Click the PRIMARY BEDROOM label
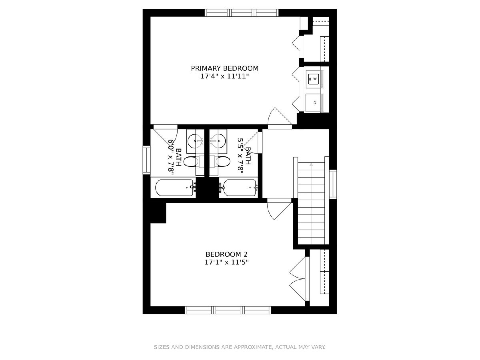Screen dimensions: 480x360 224,68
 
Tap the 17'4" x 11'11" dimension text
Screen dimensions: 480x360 224,76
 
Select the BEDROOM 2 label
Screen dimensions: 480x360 226,254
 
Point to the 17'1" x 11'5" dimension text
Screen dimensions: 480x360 226,262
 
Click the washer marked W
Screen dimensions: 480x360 313,79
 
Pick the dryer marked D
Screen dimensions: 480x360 313,103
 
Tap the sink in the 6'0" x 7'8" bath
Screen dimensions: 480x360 195,141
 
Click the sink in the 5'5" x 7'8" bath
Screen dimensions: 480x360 218,141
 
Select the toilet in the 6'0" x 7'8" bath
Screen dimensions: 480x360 191,162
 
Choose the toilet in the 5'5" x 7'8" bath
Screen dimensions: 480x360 222,162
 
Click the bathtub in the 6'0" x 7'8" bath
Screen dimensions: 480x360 174,188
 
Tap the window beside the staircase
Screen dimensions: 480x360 333,184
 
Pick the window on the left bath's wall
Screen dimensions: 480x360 146,160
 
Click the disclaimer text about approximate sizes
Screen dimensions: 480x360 240,347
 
